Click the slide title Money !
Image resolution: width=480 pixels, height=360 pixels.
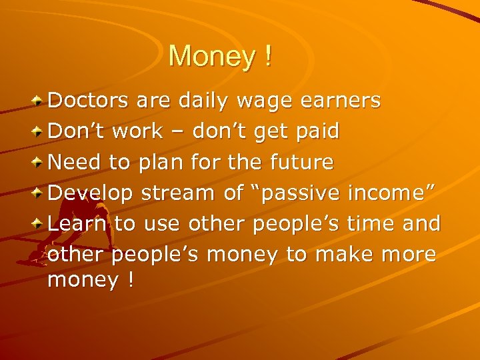(220, 56)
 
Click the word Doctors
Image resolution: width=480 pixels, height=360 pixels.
(89, 101)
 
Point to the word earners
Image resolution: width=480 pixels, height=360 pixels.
(341, 101)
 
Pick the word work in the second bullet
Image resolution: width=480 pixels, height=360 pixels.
(137, 131)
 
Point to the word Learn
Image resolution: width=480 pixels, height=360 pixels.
(77, 223)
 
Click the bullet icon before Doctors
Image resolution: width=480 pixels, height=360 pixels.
(39, 101)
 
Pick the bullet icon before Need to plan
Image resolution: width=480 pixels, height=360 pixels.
(39, 161)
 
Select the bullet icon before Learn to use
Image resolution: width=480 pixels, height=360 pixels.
(39, 223)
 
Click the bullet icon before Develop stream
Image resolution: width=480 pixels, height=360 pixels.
(39, 193)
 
